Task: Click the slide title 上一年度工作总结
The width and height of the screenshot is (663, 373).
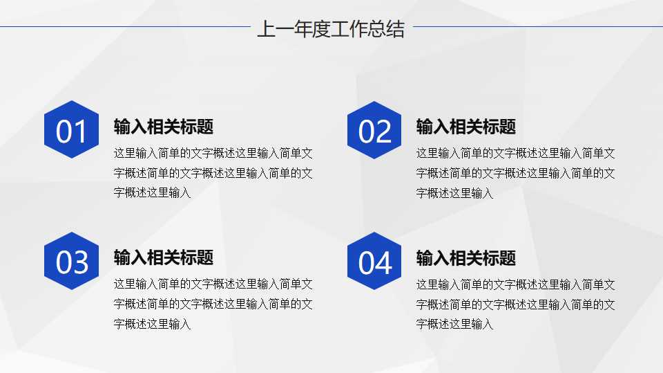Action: click(330, 30)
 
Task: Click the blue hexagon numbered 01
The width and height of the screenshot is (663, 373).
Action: click(71, 130)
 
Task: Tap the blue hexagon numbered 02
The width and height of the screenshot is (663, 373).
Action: click(374, 130)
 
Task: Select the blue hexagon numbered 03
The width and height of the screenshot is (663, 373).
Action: click(71, 261)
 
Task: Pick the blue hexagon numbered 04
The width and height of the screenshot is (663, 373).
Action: click(374, 261)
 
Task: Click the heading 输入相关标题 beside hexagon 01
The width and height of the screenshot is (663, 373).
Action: click(164, 127)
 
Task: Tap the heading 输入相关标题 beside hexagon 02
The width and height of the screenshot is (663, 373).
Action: click(466, 127)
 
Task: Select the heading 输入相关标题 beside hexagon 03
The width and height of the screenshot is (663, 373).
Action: click(164, 257)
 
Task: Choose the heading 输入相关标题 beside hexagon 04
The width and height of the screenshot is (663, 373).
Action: click(466, 258)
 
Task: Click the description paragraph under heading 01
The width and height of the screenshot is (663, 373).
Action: click(213, 173)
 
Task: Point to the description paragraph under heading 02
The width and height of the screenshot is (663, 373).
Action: click(515, 173)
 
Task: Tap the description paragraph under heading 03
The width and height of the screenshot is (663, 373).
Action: click(213, 304)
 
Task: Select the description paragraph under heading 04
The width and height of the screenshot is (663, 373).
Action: click(515, 304)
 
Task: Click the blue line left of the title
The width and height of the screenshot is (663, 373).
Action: click(124, 27)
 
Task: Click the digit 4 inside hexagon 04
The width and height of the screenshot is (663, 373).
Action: click(384, 263)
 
